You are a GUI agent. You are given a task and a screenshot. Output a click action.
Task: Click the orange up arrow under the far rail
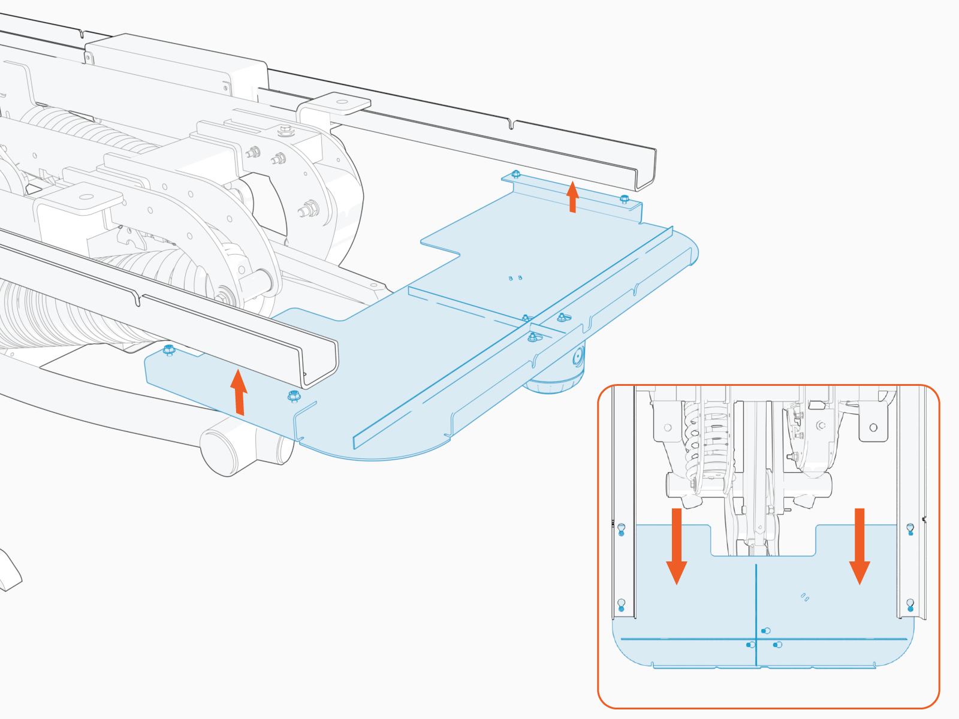pyautogui.click(x=572, y=197)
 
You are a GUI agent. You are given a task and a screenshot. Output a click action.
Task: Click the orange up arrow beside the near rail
pyautogui.click(x=239, y=392)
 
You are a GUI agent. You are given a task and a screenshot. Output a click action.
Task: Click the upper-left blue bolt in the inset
pyautogui.click(x=622, y=529)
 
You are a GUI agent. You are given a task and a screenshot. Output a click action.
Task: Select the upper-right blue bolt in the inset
pyautogui.click(x=910, y=529)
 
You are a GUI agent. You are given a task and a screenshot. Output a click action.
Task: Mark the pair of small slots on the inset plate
pyautogui.click(x=805, y=597)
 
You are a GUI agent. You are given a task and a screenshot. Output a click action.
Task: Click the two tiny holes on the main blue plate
pyautogui.click(x=515, y=278)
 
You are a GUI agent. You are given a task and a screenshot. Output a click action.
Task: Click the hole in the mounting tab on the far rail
pyautogui.click(x=343, y=102)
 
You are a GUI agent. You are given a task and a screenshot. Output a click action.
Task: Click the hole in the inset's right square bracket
pyautogui.click(x=873, y=427)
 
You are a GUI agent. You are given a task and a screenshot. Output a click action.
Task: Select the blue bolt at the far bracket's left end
pyautogui.click(x=515, y=175)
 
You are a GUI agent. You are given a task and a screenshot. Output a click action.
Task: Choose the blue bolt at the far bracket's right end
pyautogui.click(x=624, y=199)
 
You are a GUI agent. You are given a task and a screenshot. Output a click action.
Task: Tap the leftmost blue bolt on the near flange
pyautogui.click(x=168, y=349)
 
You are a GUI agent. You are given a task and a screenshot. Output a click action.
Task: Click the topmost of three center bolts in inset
pyautogui.click(x=765, y=631)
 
